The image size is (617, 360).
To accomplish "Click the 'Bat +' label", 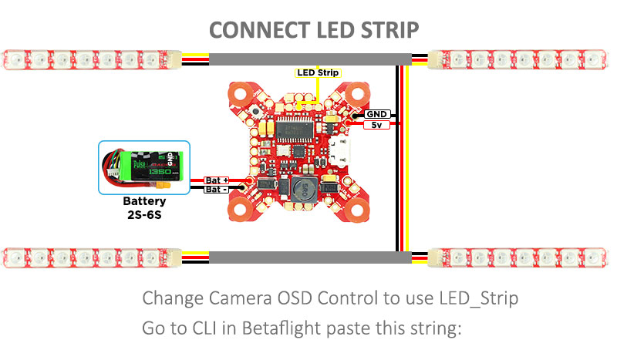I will [x=215, y=180].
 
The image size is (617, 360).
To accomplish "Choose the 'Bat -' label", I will [x=215, y=190].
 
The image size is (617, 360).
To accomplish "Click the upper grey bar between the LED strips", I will [x=308, y=59].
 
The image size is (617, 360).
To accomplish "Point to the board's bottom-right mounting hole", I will [x=357, y=207].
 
